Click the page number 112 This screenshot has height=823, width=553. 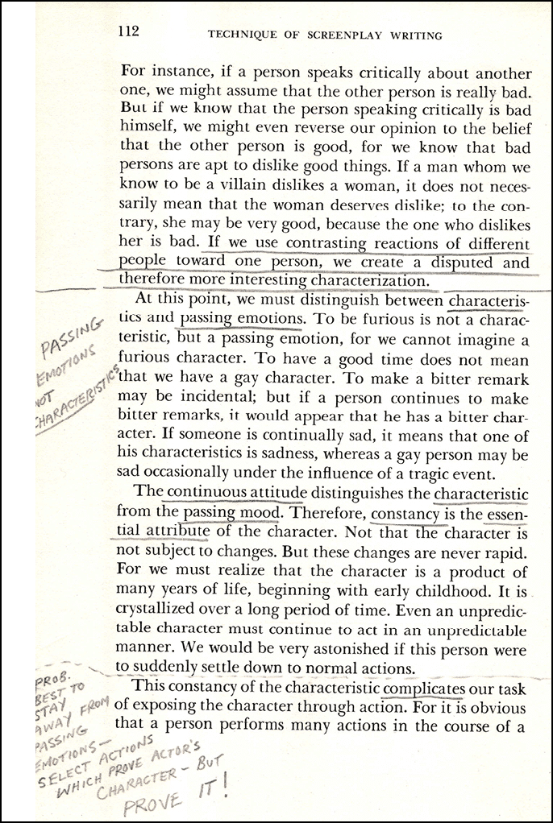129,31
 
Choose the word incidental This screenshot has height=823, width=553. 188,397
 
